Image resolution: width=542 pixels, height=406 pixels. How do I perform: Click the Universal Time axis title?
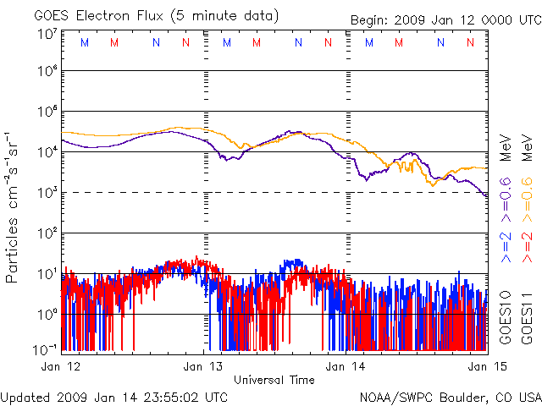pyautogui.click(x=274, y=380)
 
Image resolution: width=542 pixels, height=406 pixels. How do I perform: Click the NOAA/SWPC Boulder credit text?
pyautogui.click(x=450, y=396)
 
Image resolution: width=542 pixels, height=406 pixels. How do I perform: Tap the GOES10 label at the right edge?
pyautogui.click(x=506, y=315)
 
